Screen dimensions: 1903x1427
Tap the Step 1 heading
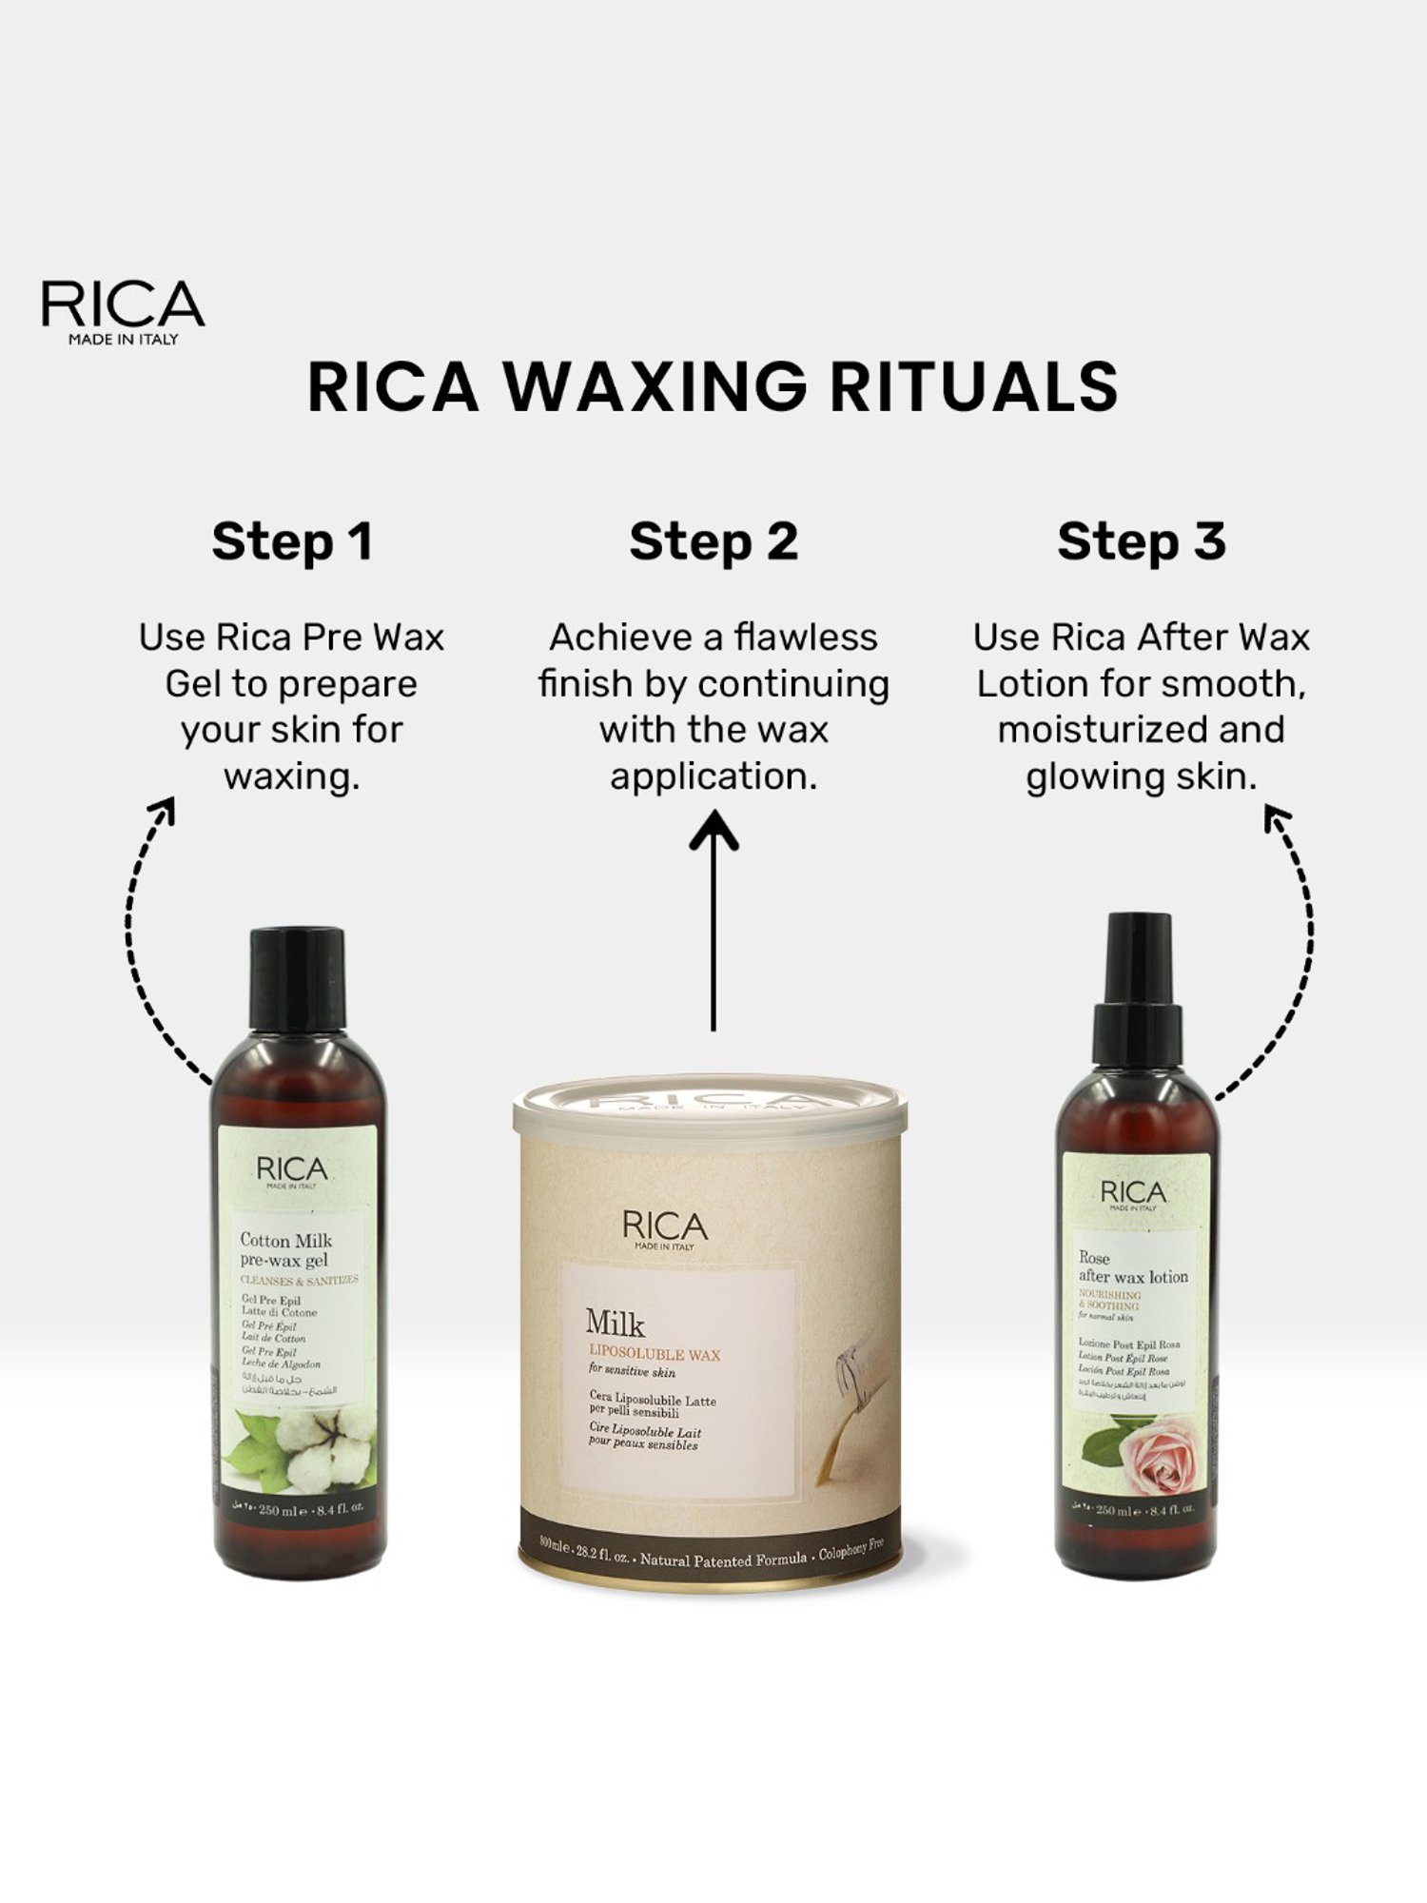pyautogui.click(x=292, y=541)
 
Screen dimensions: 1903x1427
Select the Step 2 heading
pyautogui.click(x=713, y=541)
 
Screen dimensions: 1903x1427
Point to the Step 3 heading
pyautogui.click(x=1142, y=541)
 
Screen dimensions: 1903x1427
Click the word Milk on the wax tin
pyautogui.click(x=615, y=1324)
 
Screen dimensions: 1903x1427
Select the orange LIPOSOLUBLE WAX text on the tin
pyautogui.click(x=655, y=1354)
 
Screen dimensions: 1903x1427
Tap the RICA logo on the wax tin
pyautogui.click(x=665, y=1227)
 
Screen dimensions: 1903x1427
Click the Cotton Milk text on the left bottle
pyautogui.click(x=285, y=1240)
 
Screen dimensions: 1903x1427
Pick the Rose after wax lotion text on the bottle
pyautogui.click(x=1132, y=1267)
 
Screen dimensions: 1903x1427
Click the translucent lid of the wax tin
pyautogui.click(x=710, y=1108)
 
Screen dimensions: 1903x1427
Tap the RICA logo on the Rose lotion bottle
pyautogui.click(x=1132, y=1193)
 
